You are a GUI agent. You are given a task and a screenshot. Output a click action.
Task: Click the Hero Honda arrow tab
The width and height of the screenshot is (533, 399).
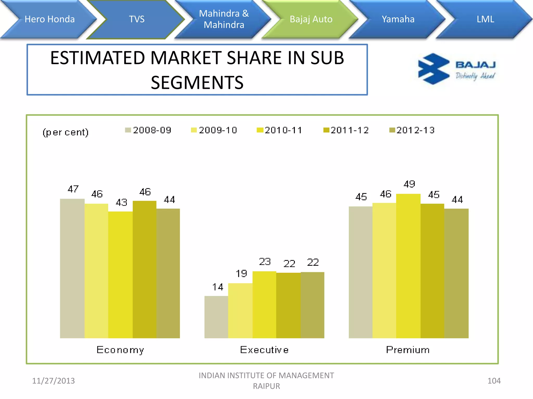tap(49, 19)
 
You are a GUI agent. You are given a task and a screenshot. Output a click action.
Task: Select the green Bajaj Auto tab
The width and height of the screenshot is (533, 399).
tap(311, 19)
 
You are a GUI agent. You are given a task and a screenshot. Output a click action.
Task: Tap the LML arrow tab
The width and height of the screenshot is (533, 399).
tap(485, 19)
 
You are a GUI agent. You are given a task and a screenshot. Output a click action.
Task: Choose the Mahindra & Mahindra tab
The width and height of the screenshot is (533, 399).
tap(224, 19)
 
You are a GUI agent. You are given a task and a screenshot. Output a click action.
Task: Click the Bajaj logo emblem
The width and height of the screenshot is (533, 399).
tap(433, 69)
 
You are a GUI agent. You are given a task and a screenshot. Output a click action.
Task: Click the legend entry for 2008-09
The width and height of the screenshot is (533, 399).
tap(148, 130)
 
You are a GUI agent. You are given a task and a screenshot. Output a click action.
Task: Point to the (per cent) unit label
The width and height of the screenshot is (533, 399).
tap(66, 132)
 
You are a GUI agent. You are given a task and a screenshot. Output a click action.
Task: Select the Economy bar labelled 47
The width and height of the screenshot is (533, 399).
tap(72, 268)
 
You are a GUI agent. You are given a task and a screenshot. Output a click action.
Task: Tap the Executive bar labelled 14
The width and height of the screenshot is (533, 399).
tap(216, 317)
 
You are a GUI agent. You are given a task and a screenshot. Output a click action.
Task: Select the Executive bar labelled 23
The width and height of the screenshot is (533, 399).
tap(264, 304)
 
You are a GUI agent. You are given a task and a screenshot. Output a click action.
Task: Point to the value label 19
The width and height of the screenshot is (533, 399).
tap(241, 274)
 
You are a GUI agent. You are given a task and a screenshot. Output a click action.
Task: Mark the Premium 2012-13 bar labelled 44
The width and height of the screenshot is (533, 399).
tap(456, 273)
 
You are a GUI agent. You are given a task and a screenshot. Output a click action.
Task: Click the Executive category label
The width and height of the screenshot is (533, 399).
tap(264, 350)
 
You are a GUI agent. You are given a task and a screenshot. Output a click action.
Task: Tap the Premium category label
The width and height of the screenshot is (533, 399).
tap(408, 350)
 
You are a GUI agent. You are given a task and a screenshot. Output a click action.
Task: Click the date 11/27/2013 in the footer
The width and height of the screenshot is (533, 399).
tap(53, 381)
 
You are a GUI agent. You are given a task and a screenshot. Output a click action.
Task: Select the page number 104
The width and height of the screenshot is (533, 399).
tap(494, 381)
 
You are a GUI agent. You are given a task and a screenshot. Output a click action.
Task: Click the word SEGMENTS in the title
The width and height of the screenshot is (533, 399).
tap(197, 83)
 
